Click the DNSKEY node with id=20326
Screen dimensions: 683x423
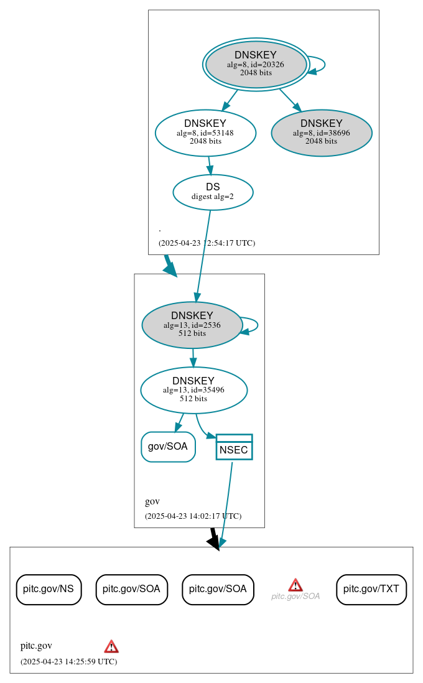[x=256, y=64]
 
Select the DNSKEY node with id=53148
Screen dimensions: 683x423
[x=205, y=132]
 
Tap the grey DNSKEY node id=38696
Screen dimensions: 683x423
[x=322, y=132]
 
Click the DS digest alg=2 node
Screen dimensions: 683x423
[x=213, y=192]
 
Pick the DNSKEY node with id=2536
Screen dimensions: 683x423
[x=192, y=325]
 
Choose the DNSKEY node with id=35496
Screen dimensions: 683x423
[x=193, y=390]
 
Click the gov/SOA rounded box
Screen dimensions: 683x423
[x=168, y=447]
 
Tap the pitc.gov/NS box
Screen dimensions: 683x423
[x=49, y=589]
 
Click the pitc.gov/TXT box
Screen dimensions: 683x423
[x=371, y=589]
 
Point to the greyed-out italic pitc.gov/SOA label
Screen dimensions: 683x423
[x=295, y=596]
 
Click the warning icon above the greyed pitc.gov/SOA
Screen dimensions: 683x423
[x=295, y=585]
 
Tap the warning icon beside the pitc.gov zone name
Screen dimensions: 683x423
[x=111, y=646]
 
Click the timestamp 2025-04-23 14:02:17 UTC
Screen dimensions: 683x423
[x=193, y=516]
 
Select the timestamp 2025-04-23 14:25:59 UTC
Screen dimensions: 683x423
[x=68, y=662]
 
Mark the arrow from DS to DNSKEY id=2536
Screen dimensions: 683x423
[x=203, y=255]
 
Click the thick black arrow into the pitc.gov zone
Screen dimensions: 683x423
[x=213, y=539]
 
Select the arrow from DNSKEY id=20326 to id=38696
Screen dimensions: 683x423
[x=290, y=100]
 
